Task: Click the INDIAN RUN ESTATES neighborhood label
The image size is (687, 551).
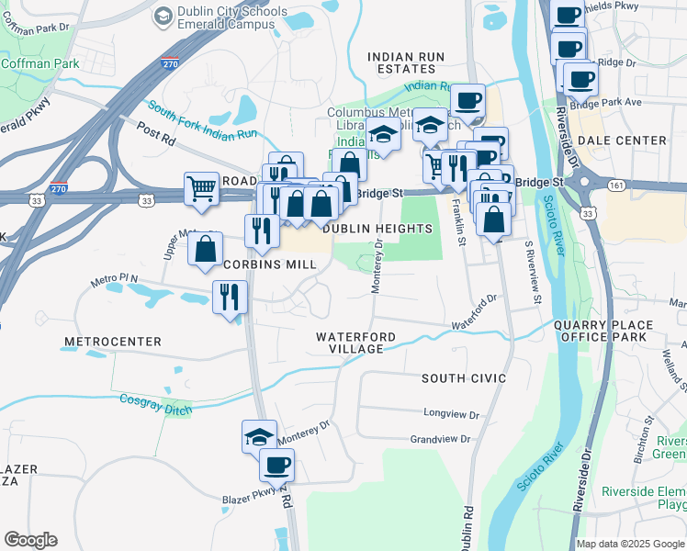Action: point(406,62)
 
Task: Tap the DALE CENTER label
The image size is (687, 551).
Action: point(622,140)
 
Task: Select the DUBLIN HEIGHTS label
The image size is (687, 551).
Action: point(377,229)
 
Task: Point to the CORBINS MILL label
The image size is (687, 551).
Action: point(271,264)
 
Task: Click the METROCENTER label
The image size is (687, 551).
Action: point(112,342)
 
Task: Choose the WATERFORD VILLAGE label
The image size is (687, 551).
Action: point(355,343)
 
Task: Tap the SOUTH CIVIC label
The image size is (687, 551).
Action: point(464,378)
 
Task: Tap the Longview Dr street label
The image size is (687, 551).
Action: point(451,414)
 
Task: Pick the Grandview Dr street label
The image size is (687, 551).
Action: point(440,440)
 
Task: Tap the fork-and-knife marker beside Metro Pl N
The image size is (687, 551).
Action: point(229,297)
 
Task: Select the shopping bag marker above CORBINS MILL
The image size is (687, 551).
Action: point(205,248)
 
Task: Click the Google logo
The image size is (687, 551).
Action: point(30,540)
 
